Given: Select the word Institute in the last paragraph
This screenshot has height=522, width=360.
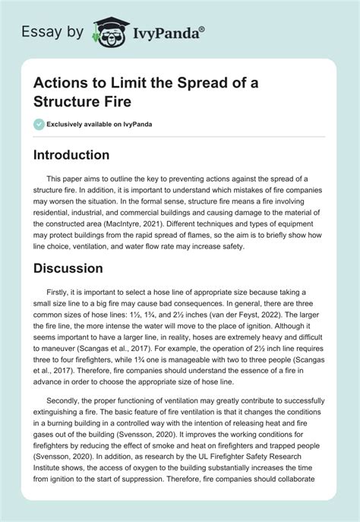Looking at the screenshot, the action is click(x=49, y=501).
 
